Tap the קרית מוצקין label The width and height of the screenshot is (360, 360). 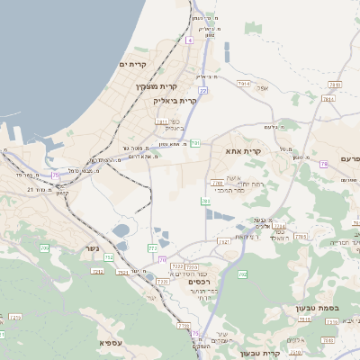(x=157, y=86)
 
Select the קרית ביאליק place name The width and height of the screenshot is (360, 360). (x=176, y=101)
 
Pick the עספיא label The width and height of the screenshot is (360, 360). (x=112, y=342)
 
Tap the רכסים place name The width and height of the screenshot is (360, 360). (x=200, y=282)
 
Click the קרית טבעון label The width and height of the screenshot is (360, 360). (x=262, y=353)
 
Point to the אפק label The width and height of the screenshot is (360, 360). (x=263, y=88)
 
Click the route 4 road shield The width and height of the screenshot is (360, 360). (x=189, y=40)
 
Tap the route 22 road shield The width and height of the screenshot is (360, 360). (x=203, y=90)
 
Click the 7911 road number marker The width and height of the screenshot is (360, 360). (x=162, y=121)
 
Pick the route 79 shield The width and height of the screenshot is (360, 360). (x=323, y=165)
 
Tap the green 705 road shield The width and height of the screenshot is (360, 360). (x=43, y=247)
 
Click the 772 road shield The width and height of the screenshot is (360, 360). (x=153, y=247)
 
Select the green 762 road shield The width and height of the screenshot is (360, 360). (x=241, y=274)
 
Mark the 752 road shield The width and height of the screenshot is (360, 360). (x=110, y=258)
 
